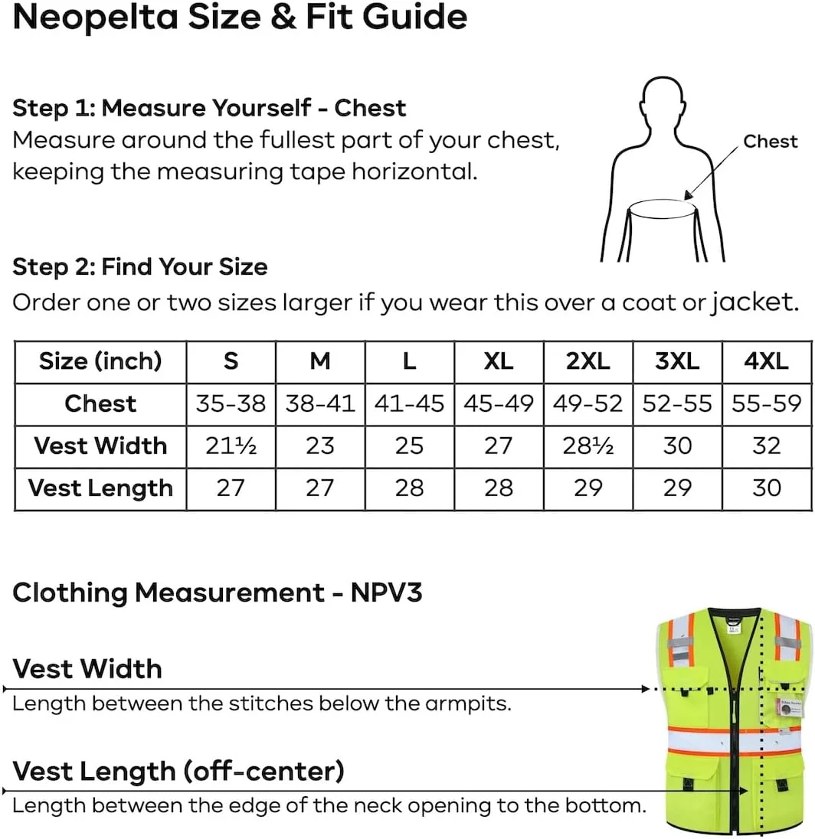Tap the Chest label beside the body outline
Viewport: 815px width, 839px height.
click(770, 142)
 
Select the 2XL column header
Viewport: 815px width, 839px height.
click(588, 361)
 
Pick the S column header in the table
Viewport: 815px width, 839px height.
click(231, 361)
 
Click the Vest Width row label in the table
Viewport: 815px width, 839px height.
click(100, 446)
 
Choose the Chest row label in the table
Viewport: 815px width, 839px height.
click(100, 403)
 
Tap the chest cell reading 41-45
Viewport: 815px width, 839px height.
click(409, 403)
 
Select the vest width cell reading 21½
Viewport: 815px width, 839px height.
click(231, 446)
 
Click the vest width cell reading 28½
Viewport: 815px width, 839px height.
click(588, 446)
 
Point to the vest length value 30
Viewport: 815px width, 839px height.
click(767, 488)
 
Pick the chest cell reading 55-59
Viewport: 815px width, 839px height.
click(767, 403)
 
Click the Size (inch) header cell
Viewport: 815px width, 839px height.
click(100, 361)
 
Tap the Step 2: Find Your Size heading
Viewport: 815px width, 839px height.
click(140, 267)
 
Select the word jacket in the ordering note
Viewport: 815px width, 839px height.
click(754, 302)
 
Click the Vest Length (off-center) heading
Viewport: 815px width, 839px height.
click(178, 771)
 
